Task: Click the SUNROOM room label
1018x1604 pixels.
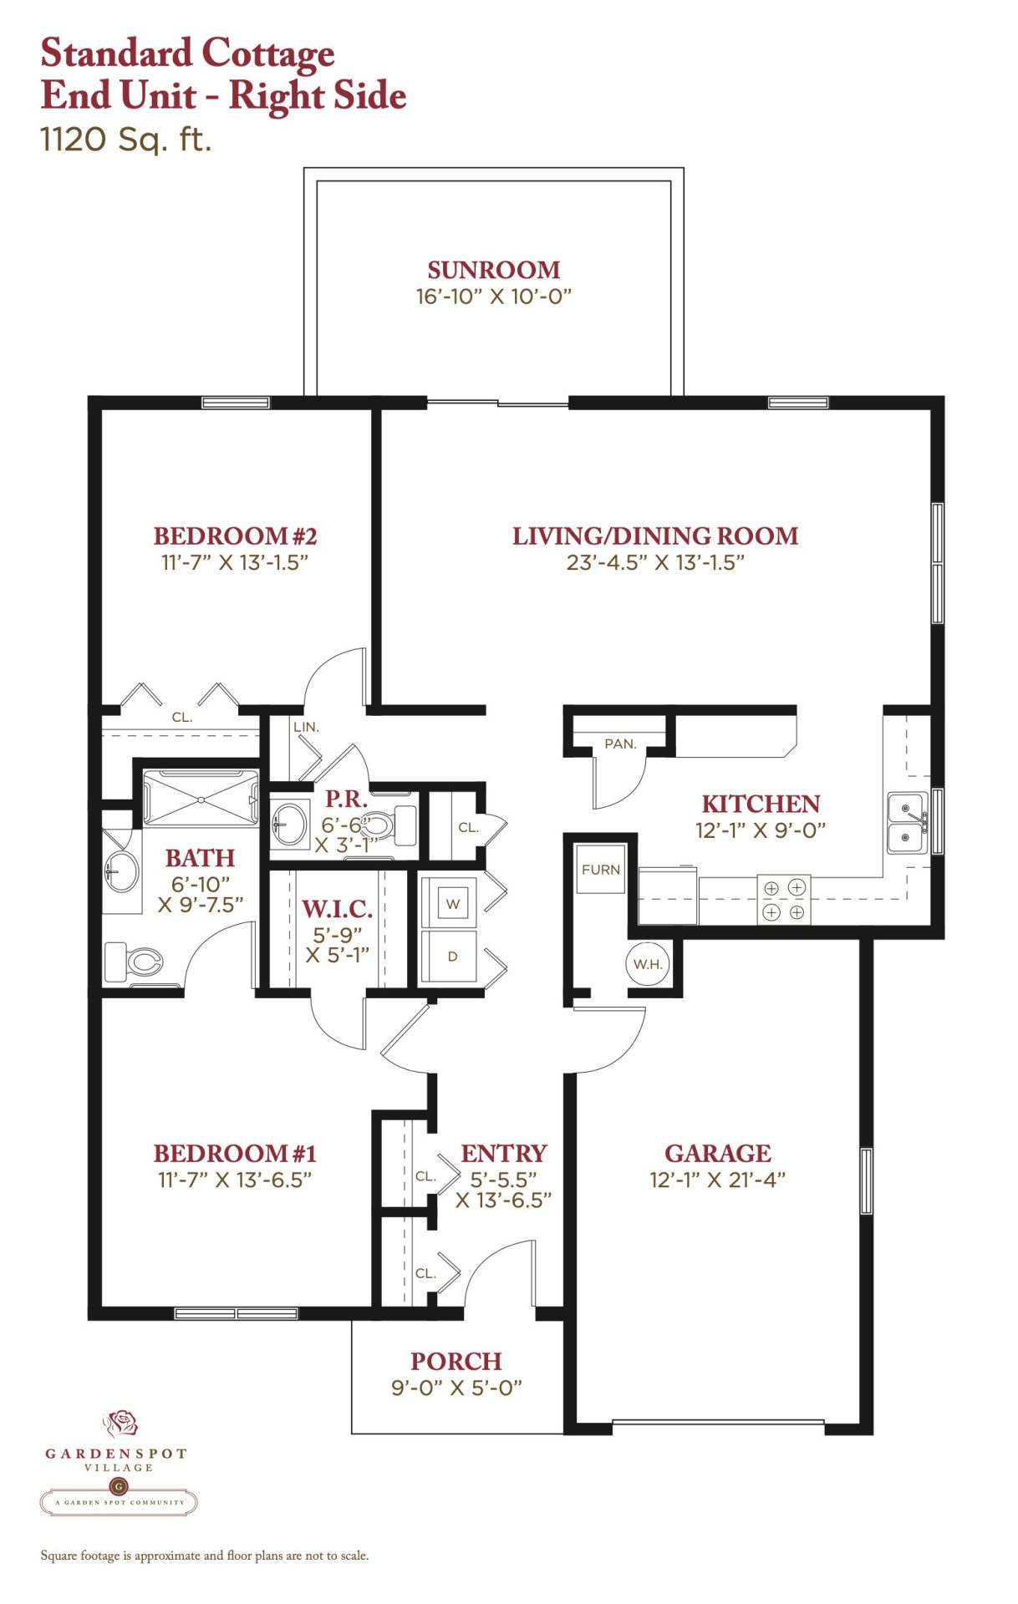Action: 494,270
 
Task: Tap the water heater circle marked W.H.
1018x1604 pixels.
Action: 648,964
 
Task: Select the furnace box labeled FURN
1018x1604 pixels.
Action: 601,869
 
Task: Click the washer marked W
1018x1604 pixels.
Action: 452,902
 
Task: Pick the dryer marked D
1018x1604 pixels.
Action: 452,956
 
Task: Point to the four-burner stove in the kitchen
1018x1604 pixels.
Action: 784,899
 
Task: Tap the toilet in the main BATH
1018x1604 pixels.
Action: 133,962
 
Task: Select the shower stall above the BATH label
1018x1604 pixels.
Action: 201,799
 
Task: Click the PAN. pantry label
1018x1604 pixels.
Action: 620,744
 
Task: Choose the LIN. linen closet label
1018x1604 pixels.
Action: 306,727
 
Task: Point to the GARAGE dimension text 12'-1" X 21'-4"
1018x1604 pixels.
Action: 718,1180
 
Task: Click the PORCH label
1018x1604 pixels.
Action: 456,1361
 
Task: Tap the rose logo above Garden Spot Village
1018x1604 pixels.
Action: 120,1423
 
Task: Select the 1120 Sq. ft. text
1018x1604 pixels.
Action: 126,140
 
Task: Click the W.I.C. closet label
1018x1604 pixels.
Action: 337,909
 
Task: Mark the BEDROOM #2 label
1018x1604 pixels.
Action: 235,536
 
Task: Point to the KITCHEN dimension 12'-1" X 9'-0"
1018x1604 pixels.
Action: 761,830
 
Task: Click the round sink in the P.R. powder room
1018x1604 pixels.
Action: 291,822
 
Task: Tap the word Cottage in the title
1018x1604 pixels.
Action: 267,54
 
